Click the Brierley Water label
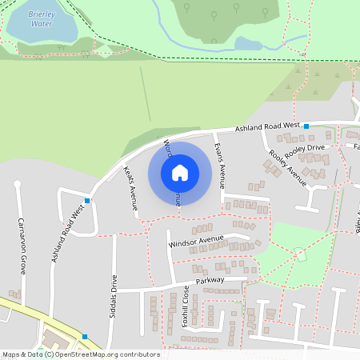pos(41,19)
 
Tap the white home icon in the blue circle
pos(179,172)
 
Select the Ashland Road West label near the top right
pos(266,127)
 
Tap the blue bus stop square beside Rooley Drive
pos(306,126)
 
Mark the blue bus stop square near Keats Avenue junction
pos(87,199)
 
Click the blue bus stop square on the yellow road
pos(84,336)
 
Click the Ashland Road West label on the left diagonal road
pos(67,234)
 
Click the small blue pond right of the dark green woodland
pos(248,43)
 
